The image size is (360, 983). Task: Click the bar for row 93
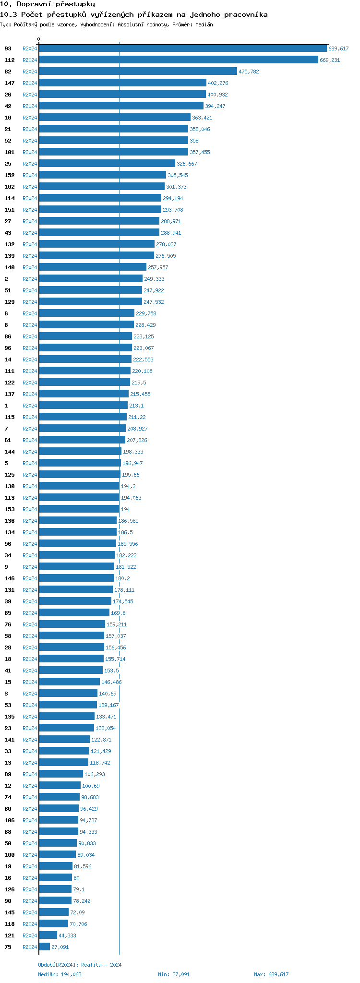(x=182, y=48)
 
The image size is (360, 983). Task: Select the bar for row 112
(x=179, y=60)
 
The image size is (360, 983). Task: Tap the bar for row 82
(x=138, y=72)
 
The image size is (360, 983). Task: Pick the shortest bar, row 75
(x=45, y=947)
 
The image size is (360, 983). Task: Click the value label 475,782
(x=249, y=72)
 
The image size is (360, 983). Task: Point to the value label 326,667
(x=187, y=164)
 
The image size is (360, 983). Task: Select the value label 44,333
(x=67, y=935)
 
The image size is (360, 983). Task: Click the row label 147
(x=10, y=83)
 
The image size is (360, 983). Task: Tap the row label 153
(x=10, y=509)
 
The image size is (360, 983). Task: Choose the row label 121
(x=10, y=935)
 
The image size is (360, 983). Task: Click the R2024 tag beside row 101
(x=30, y=152)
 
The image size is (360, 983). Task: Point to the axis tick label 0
(x=39, y=39)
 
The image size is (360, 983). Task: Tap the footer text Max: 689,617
(x=271, y=974)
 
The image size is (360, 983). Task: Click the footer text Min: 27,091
(x=174, y=974)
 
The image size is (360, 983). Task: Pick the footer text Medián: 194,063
(x=60, y=974)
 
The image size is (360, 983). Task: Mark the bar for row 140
(x=93, y=267)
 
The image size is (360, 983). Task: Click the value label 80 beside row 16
(x=76, y=878)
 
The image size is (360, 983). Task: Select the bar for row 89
(x=61, y=774)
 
